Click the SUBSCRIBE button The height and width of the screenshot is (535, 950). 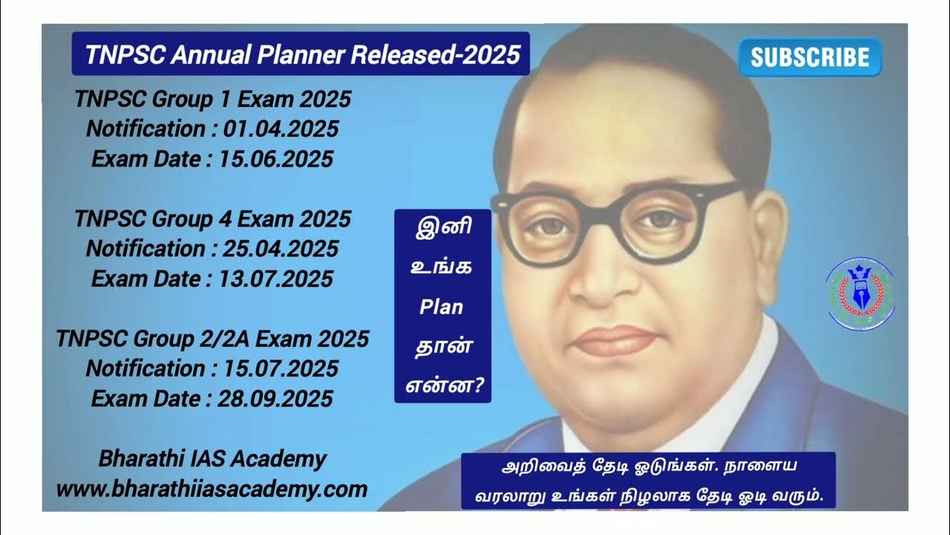pyautogui.click(x=810, y=58)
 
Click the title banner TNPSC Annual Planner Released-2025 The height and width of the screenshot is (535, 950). pyautogui.click(x=301, y=54)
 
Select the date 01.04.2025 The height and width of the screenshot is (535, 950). pyautogui.click(x=280, y=129)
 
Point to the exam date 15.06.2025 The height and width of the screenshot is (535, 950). pyautogui.click(x=276, y=159)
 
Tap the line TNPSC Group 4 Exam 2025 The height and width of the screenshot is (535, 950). pyautogui.click(x=212, y=219)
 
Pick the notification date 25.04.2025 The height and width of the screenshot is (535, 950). pyautogui.click(x=280, y=249)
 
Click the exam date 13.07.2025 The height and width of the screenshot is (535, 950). pyautogui.click(x=276, y=279)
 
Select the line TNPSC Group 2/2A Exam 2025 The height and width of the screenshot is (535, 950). pyautogui.click(x=212, y=339)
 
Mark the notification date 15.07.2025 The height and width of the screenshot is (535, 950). pyautogui.click(x=280, y=369)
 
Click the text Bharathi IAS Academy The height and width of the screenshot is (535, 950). pyautogui.click(x=212, y=459)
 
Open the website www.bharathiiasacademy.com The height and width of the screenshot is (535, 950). pyautogui.click(x=212, y=489)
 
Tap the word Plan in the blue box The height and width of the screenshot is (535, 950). pyautogui.click(x=442, y=306)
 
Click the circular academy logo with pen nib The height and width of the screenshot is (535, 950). pyautogui.click(x=860, y=294)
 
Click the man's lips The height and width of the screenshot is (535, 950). pyautogui.click(x=615, y=340)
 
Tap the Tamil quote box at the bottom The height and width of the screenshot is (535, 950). pyautogui.click(x=648, y=481)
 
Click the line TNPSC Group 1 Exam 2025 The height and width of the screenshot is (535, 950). pyautogui.click(x=212, y=99)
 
